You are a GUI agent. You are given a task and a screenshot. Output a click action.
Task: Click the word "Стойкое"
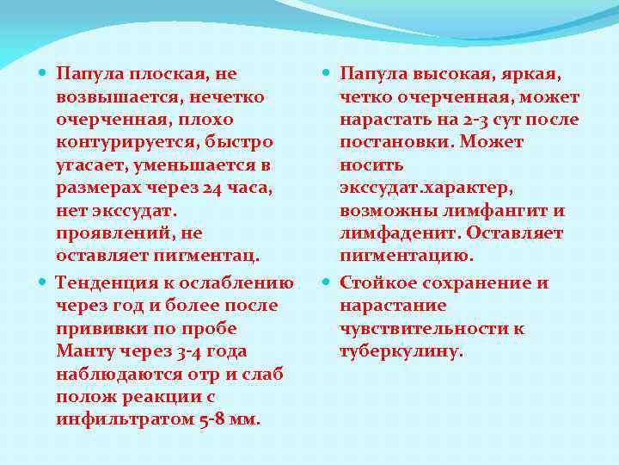(379, 283)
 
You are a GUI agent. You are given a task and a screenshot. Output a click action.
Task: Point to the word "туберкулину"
(401, 350)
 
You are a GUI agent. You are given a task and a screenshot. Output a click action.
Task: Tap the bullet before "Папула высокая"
(329, 75)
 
